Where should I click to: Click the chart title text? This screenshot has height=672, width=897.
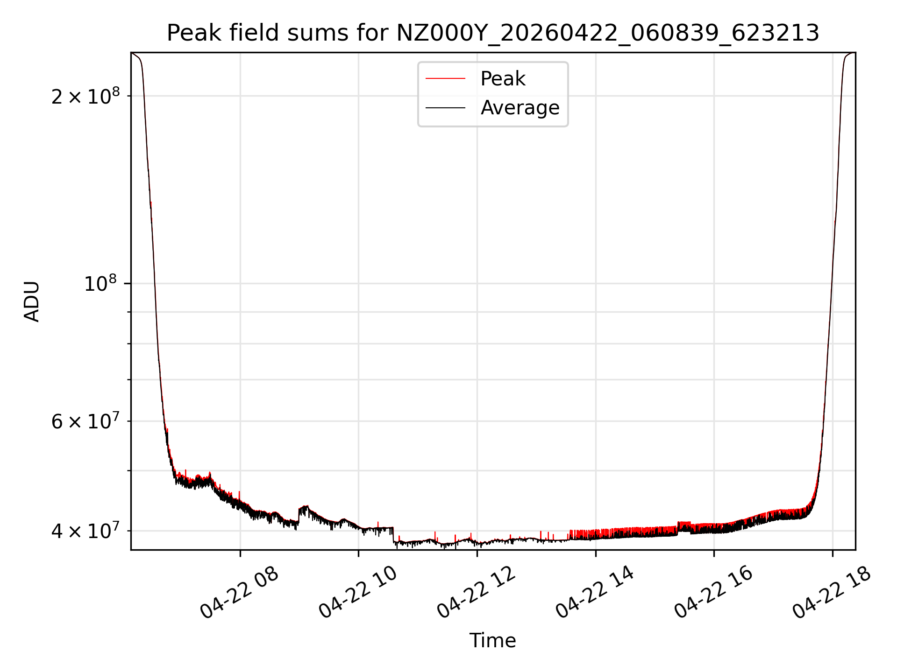click(493, 33)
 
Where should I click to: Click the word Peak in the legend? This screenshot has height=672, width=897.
click(503, 79)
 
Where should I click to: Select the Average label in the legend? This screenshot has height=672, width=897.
click(520, 108)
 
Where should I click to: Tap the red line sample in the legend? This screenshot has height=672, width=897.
click(445, 79)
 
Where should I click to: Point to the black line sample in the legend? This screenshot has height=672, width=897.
click(445, 108)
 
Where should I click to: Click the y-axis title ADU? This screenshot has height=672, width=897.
click(32, 301)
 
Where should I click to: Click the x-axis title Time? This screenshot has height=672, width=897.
click(492, 641)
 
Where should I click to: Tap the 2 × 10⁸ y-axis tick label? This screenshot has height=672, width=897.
click(85, 97)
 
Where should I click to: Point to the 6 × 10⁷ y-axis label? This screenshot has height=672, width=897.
click(85, 421)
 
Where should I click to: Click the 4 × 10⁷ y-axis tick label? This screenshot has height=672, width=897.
click(85, 531)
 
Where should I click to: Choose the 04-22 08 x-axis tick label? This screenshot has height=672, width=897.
click(239, 593)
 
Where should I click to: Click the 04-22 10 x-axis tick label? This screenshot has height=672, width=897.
click(358, 593)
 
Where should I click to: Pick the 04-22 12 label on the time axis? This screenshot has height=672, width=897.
click(476, 593)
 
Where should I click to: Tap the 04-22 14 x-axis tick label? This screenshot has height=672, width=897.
click(595, 593)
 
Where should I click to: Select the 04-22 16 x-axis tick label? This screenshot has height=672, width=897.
click(713, 593)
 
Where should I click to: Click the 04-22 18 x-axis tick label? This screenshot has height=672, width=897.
click(832, 593)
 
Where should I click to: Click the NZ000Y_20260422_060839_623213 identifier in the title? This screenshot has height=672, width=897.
click(607, 33)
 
